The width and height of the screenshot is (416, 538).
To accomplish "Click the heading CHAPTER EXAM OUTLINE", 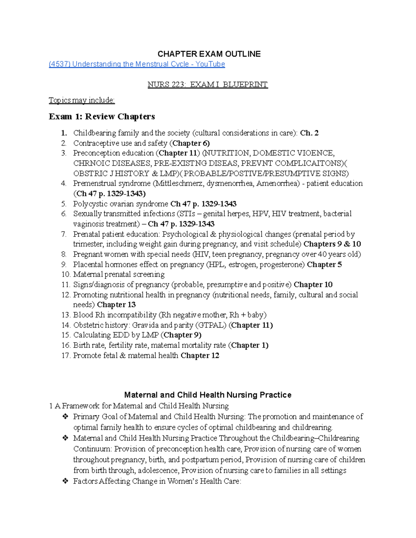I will click(x=209, y=54).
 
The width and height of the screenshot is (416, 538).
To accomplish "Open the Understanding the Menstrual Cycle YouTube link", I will click(x=137, y=64).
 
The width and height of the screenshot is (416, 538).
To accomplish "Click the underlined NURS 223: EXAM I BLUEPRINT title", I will click(x=208, y=85).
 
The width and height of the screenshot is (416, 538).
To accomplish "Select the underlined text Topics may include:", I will click(x=81, y=100).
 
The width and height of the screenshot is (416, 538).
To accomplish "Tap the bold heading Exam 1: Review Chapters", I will click(x=102, y=116).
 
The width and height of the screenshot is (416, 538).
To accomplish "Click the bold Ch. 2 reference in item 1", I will click(x=309, y=133).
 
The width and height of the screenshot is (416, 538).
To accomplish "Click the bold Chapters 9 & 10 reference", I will click(x=332, y=244).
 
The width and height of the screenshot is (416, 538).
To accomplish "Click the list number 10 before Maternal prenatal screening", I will click(x=66, y=274).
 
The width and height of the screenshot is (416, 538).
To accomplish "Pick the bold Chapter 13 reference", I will click(x=116, y=305).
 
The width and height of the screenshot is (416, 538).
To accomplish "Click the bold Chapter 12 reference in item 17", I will click(x=200, y=355).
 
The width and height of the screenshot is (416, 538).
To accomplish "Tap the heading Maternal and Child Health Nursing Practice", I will click(x=208, y=395).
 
